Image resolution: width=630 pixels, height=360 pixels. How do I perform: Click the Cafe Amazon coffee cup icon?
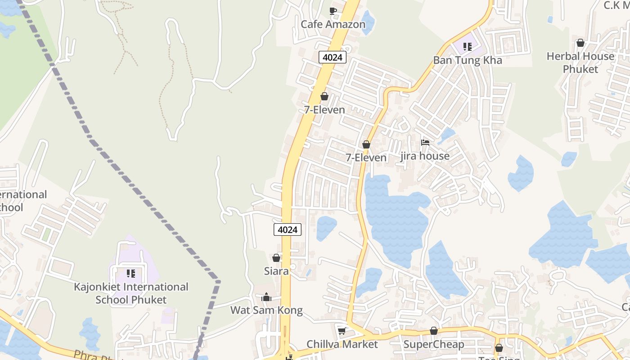[x=333, y=11]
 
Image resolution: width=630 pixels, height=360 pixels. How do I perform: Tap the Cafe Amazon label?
[x=333, y=24]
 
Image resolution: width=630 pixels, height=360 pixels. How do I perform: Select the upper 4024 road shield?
[x=333, y=57]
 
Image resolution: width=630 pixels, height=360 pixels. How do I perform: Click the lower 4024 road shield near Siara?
[x=288, y=229]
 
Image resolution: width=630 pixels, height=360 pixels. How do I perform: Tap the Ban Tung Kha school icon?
[x=468, y=47]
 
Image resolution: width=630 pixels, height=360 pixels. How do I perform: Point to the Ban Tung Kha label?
[x=468, y=60]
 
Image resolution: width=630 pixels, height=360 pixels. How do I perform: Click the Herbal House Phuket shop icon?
[x=580, y=43]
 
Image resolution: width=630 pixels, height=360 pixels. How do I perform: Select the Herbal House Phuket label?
[x=580, y=63]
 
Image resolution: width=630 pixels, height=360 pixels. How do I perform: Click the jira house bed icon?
[x=425, y=143]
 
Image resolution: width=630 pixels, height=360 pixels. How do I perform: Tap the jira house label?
[x=425, y=156]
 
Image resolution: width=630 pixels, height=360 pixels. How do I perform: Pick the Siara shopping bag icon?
[x=276, y=258]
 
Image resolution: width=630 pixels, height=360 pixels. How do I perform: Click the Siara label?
[x=276, y=271]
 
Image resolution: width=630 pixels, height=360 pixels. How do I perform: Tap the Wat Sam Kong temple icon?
[x=266, y=297]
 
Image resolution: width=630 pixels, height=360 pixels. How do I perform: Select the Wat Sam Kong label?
[x=266, y=310]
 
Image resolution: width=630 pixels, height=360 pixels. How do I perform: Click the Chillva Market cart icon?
[x=342, y=331]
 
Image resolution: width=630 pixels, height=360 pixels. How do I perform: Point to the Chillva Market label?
[x=342, y=344]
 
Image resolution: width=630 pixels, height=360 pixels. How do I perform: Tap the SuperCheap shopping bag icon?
[x=434, y=331]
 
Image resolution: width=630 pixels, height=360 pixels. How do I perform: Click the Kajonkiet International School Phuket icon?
[x=131, y=274]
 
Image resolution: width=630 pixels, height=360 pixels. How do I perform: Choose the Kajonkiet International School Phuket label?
[x=131, y=293]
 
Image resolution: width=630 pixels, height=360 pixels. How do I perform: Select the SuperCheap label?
[x=434, y=345]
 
